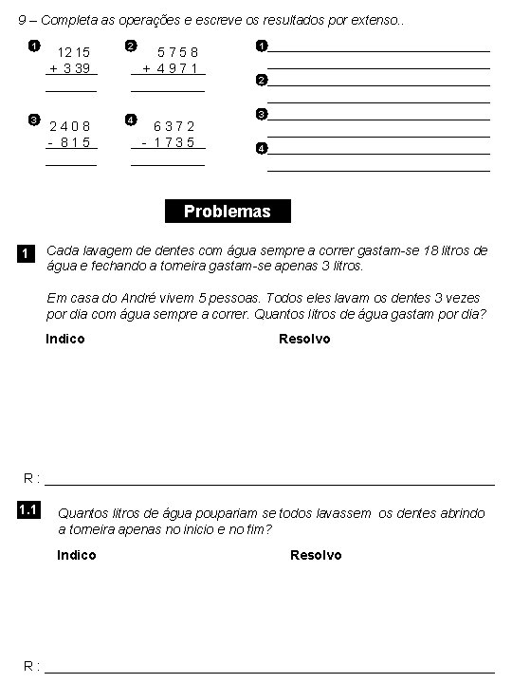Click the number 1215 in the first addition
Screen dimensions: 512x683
click(x=73, y=53)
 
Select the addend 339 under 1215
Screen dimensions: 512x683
click(x=76, y=68)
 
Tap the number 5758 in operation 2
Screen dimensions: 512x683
click(x=177, y=53)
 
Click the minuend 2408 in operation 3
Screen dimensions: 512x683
click(x=69, y=126)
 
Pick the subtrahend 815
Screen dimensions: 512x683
click(x=73, y=142)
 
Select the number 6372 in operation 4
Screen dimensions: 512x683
click(x=174, y=126)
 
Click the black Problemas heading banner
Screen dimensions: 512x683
click(x=228, y=212)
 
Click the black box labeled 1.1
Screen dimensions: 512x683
click(x=27, y=511)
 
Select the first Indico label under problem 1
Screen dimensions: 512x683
click(x=65, y=339)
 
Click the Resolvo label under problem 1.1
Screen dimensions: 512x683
click(x=316, y=555)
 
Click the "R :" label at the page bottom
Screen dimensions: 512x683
click(x=31, y=665)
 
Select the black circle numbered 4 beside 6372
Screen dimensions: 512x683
click(x=130, y=120)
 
